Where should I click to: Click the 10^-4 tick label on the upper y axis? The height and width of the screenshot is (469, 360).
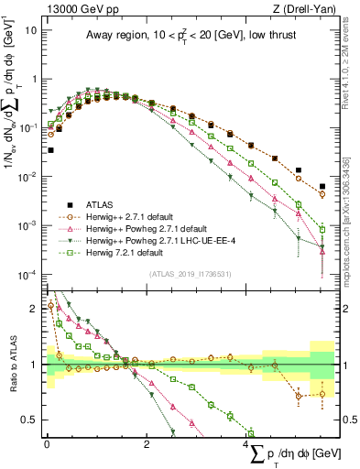point(27,275)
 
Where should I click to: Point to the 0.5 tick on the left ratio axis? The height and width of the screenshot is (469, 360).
point(30,420)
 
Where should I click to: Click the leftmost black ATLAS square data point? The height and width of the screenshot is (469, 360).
point(51,150)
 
